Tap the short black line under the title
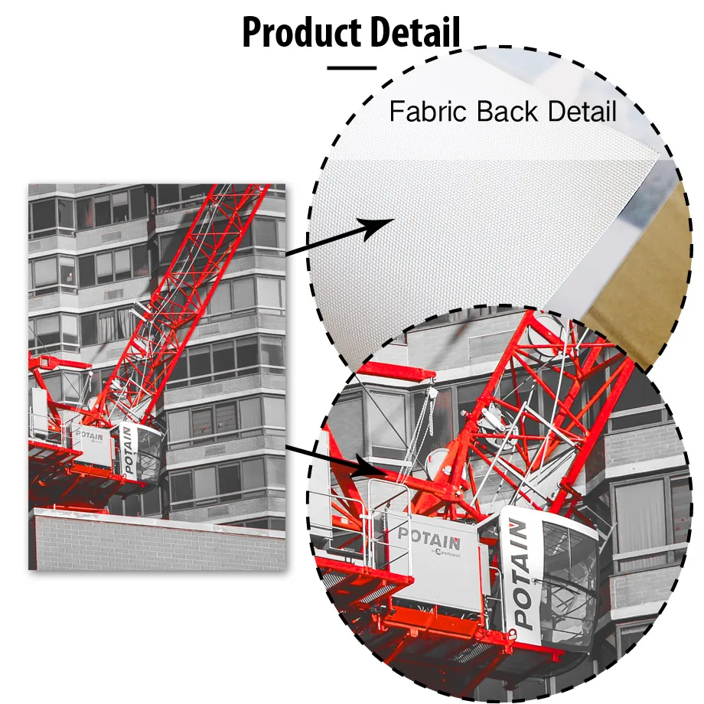351,68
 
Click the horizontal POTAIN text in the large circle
429,533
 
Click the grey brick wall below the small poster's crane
153,543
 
